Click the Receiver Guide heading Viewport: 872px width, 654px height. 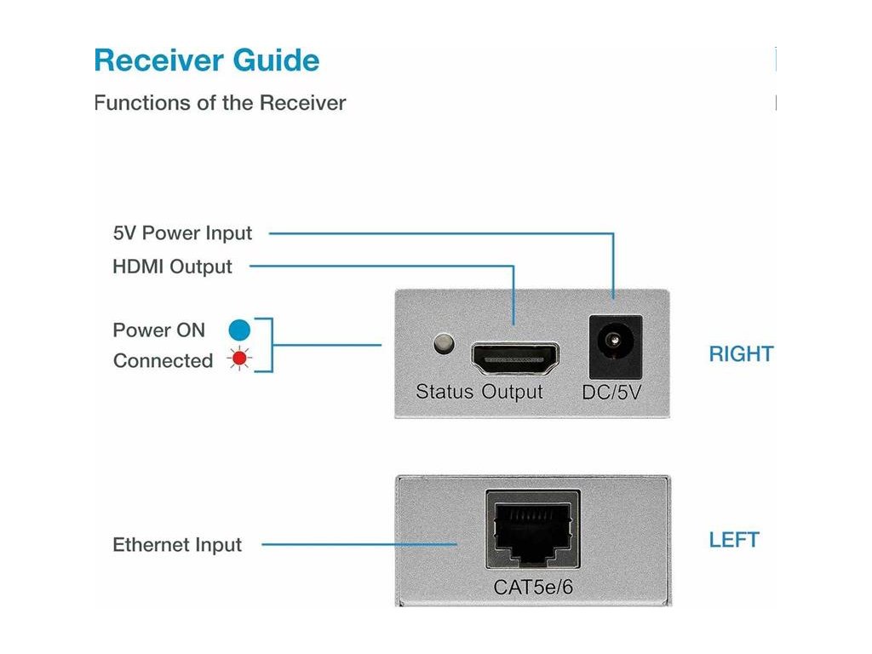207,61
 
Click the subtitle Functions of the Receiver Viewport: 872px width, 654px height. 220,103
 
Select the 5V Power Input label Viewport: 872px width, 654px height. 182,232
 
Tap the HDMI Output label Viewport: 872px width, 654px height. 172,267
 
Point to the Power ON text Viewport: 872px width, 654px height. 159,330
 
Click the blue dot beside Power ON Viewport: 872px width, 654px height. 239,330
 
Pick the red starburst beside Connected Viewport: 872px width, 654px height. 239,360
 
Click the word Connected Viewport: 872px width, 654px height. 163,361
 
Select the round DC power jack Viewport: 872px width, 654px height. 614,343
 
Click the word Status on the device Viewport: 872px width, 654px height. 445,392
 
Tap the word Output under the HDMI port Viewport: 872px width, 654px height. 512,392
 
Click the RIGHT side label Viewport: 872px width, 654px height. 741,354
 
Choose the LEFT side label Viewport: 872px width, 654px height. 734,540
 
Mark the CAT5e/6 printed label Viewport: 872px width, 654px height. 533,588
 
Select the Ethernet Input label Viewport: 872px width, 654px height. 177,545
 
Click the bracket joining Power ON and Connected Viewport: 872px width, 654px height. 271,345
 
